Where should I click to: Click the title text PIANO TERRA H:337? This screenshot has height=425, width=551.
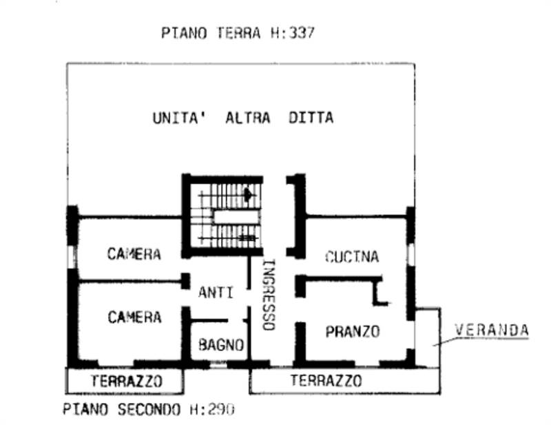click(238, 32)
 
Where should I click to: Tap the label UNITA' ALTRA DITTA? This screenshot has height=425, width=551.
click(242, 118)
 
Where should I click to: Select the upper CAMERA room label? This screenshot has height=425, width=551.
click(134, 254)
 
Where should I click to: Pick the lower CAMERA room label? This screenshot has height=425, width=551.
click(134, 317)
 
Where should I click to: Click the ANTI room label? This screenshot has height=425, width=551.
click(216, 293)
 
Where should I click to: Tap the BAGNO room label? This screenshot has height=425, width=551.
click(220, 344)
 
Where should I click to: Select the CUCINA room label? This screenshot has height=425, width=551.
click(351, 257)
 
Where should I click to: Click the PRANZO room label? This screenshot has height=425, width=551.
click(352, 332)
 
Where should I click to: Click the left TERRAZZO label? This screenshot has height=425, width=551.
click(126, 381)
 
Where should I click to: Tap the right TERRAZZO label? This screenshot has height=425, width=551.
click(326, 380)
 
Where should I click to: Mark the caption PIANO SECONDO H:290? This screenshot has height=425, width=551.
click(149, 409)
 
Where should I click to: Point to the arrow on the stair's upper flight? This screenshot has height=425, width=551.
click(248, 195)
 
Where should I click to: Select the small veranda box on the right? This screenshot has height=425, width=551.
click(427, 337)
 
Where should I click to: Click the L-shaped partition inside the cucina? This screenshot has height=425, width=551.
click(377, 290)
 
